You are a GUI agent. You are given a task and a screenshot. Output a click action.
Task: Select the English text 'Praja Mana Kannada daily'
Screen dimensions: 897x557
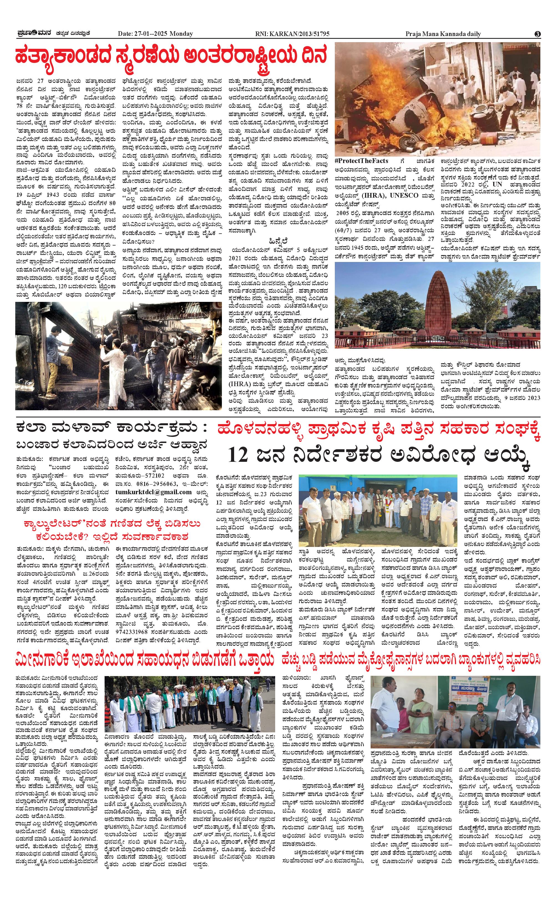click(443, 34)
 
